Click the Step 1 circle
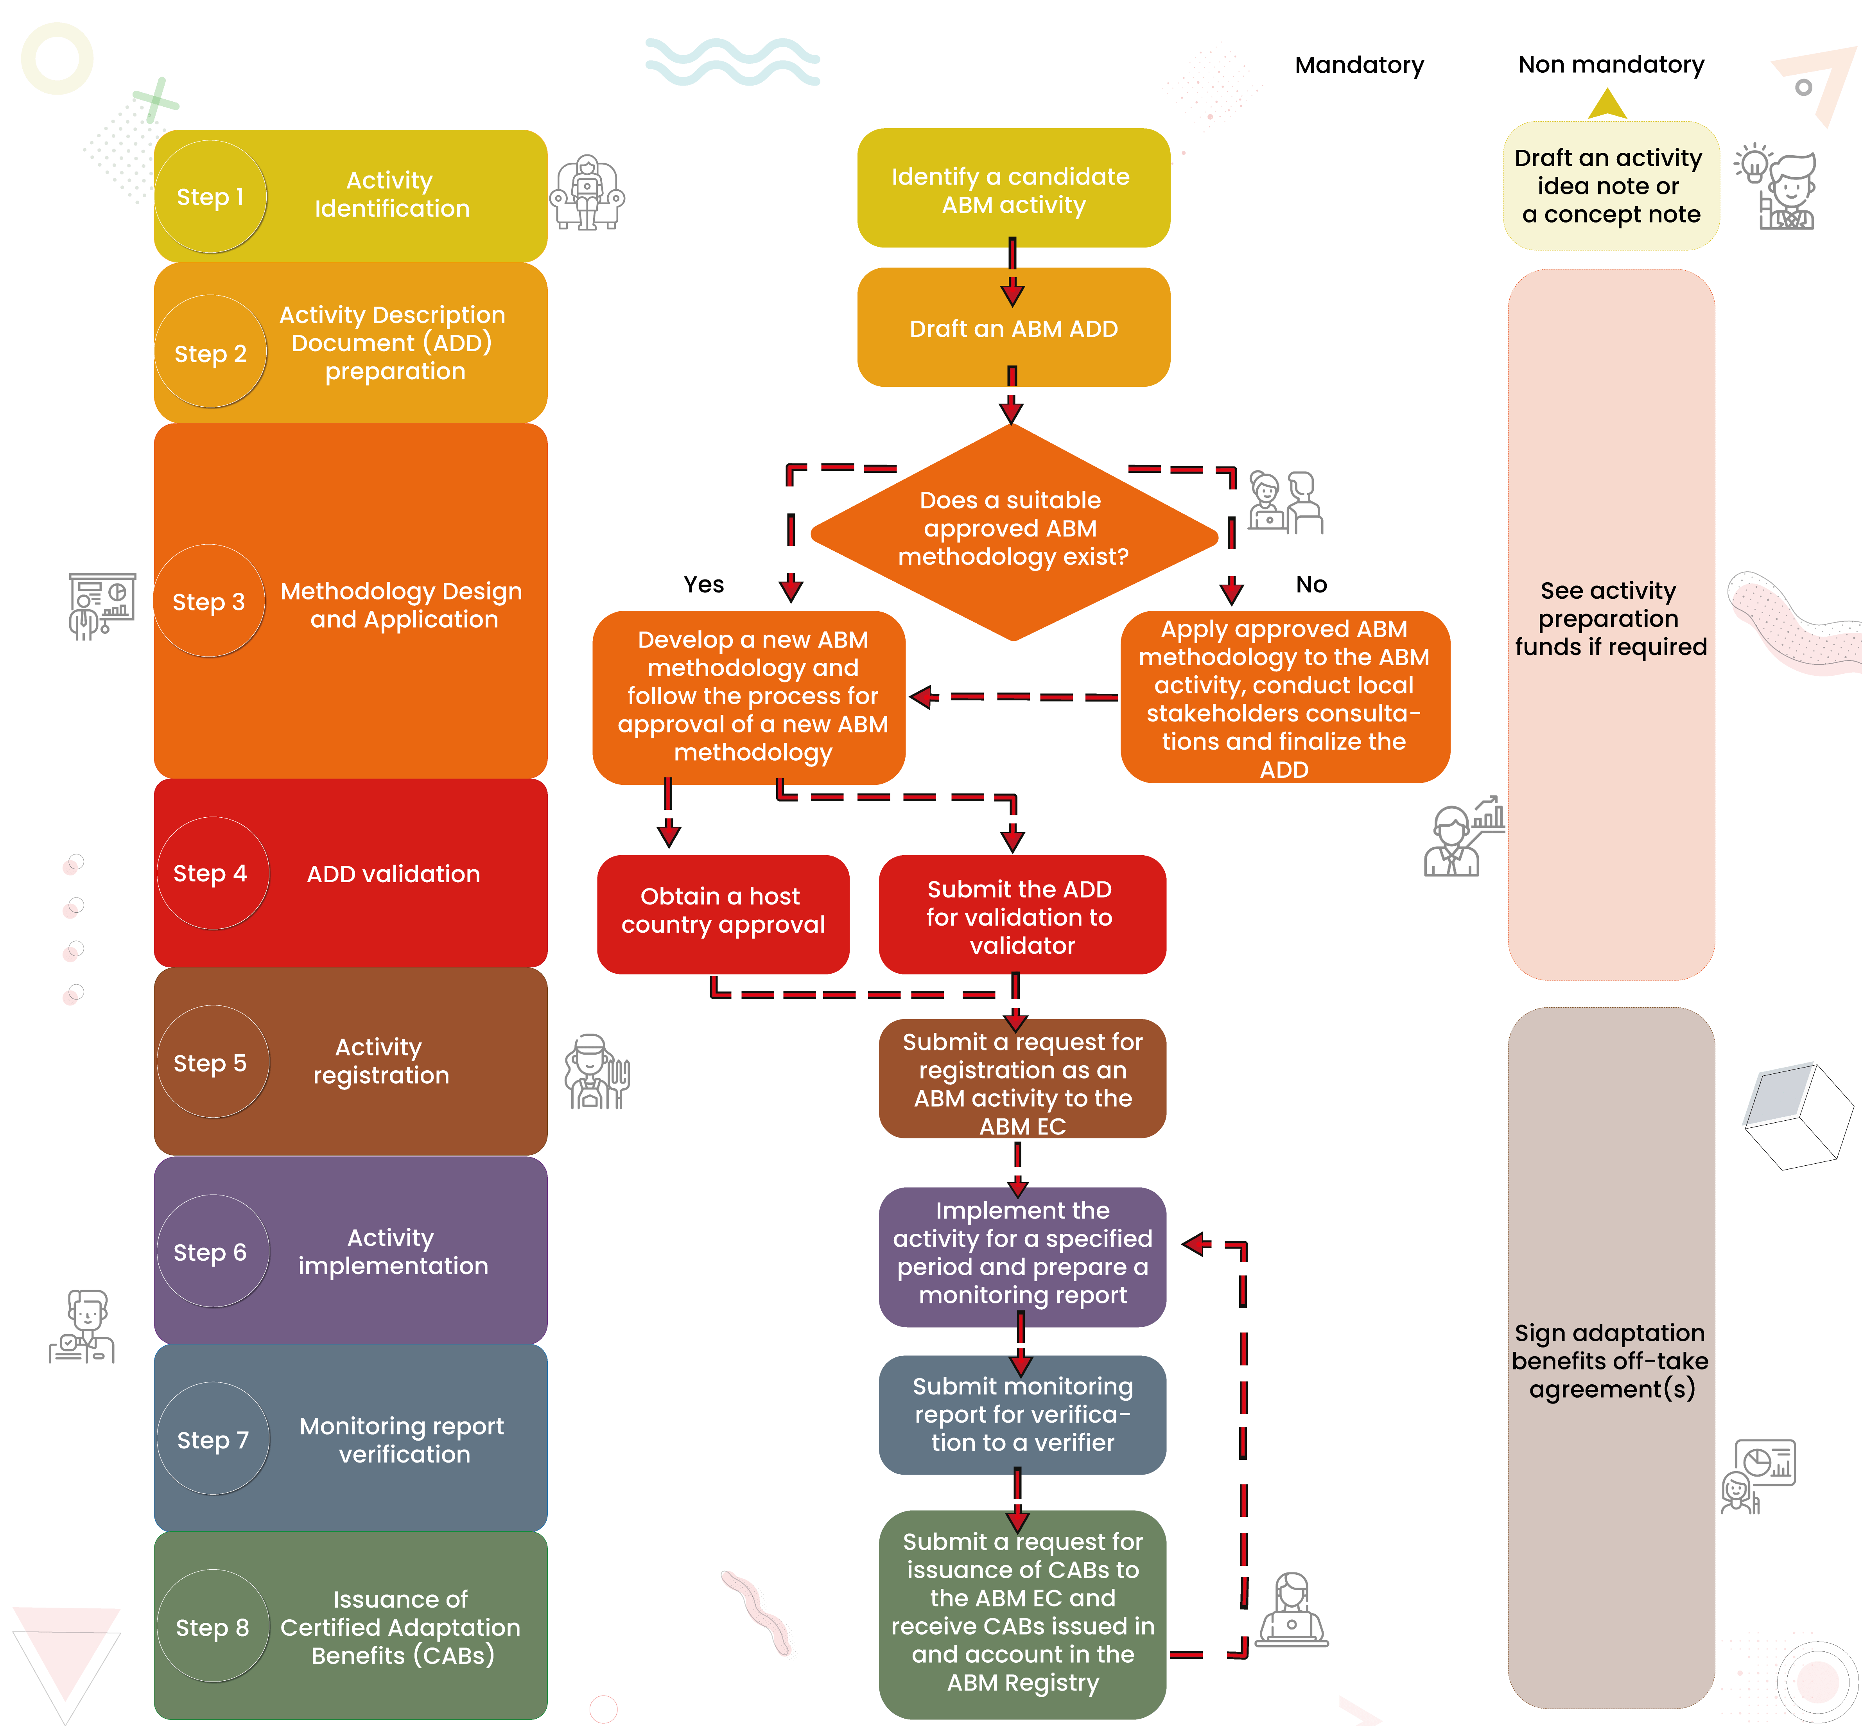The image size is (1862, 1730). click(211, 197)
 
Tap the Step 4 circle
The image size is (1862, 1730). click(212, 874)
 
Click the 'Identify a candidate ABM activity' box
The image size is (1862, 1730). click(1013, 189)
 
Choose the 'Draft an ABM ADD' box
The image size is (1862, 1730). click(1013, 328)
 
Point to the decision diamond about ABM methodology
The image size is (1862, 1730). click(1013, 531)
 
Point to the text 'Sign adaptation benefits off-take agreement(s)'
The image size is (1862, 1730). click(1610, 1361)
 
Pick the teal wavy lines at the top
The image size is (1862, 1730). click(732, 62)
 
